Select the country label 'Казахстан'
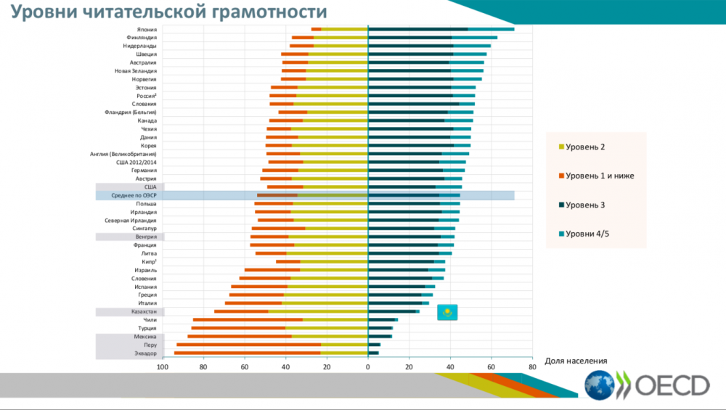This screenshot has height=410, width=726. tap(144, 311)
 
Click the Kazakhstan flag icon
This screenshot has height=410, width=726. tap(449, 313)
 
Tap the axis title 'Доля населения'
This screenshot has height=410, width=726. tap(575, 361)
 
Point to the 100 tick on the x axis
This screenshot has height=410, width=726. tap(162, 367)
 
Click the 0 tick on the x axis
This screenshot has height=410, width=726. tap(368, 367)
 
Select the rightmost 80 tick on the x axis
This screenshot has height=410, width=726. tap(532, 367)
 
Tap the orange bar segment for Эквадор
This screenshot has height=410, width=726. tap(247, 353)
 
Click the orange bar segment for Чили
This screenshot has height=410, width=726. tap(248, 319)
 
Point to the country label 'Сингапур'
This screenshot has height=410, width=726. tap(143, 229)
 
